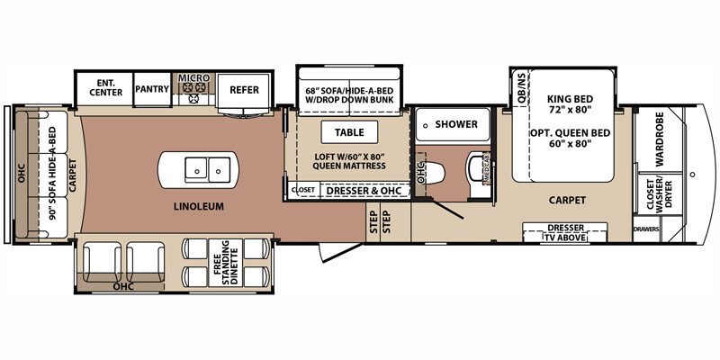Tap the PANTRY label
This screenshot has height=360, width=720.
click(151, 89)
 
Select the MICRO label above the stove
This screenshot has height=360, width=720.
click(193, 78)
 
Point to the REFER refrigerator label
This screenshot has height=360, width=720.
click(244, 89)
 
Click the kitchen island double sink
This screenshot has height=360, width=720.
click(199, 166)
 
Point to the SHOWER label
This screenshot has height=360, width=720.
click(455, 124)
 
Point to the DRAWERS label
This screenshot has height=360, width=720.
click(645, 229)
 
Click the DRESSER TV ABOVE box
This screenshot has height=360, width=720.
click(564, 232)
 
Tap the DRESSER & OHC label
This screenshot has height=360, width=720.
click(364, 190)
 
